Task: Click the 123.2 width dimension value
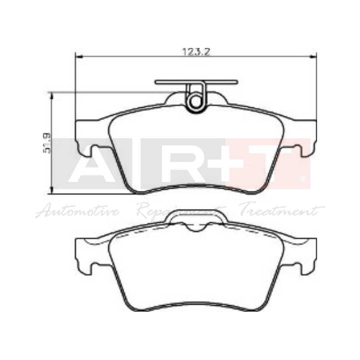(196, 51)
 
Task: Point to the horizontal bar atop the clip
(196, 82)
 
